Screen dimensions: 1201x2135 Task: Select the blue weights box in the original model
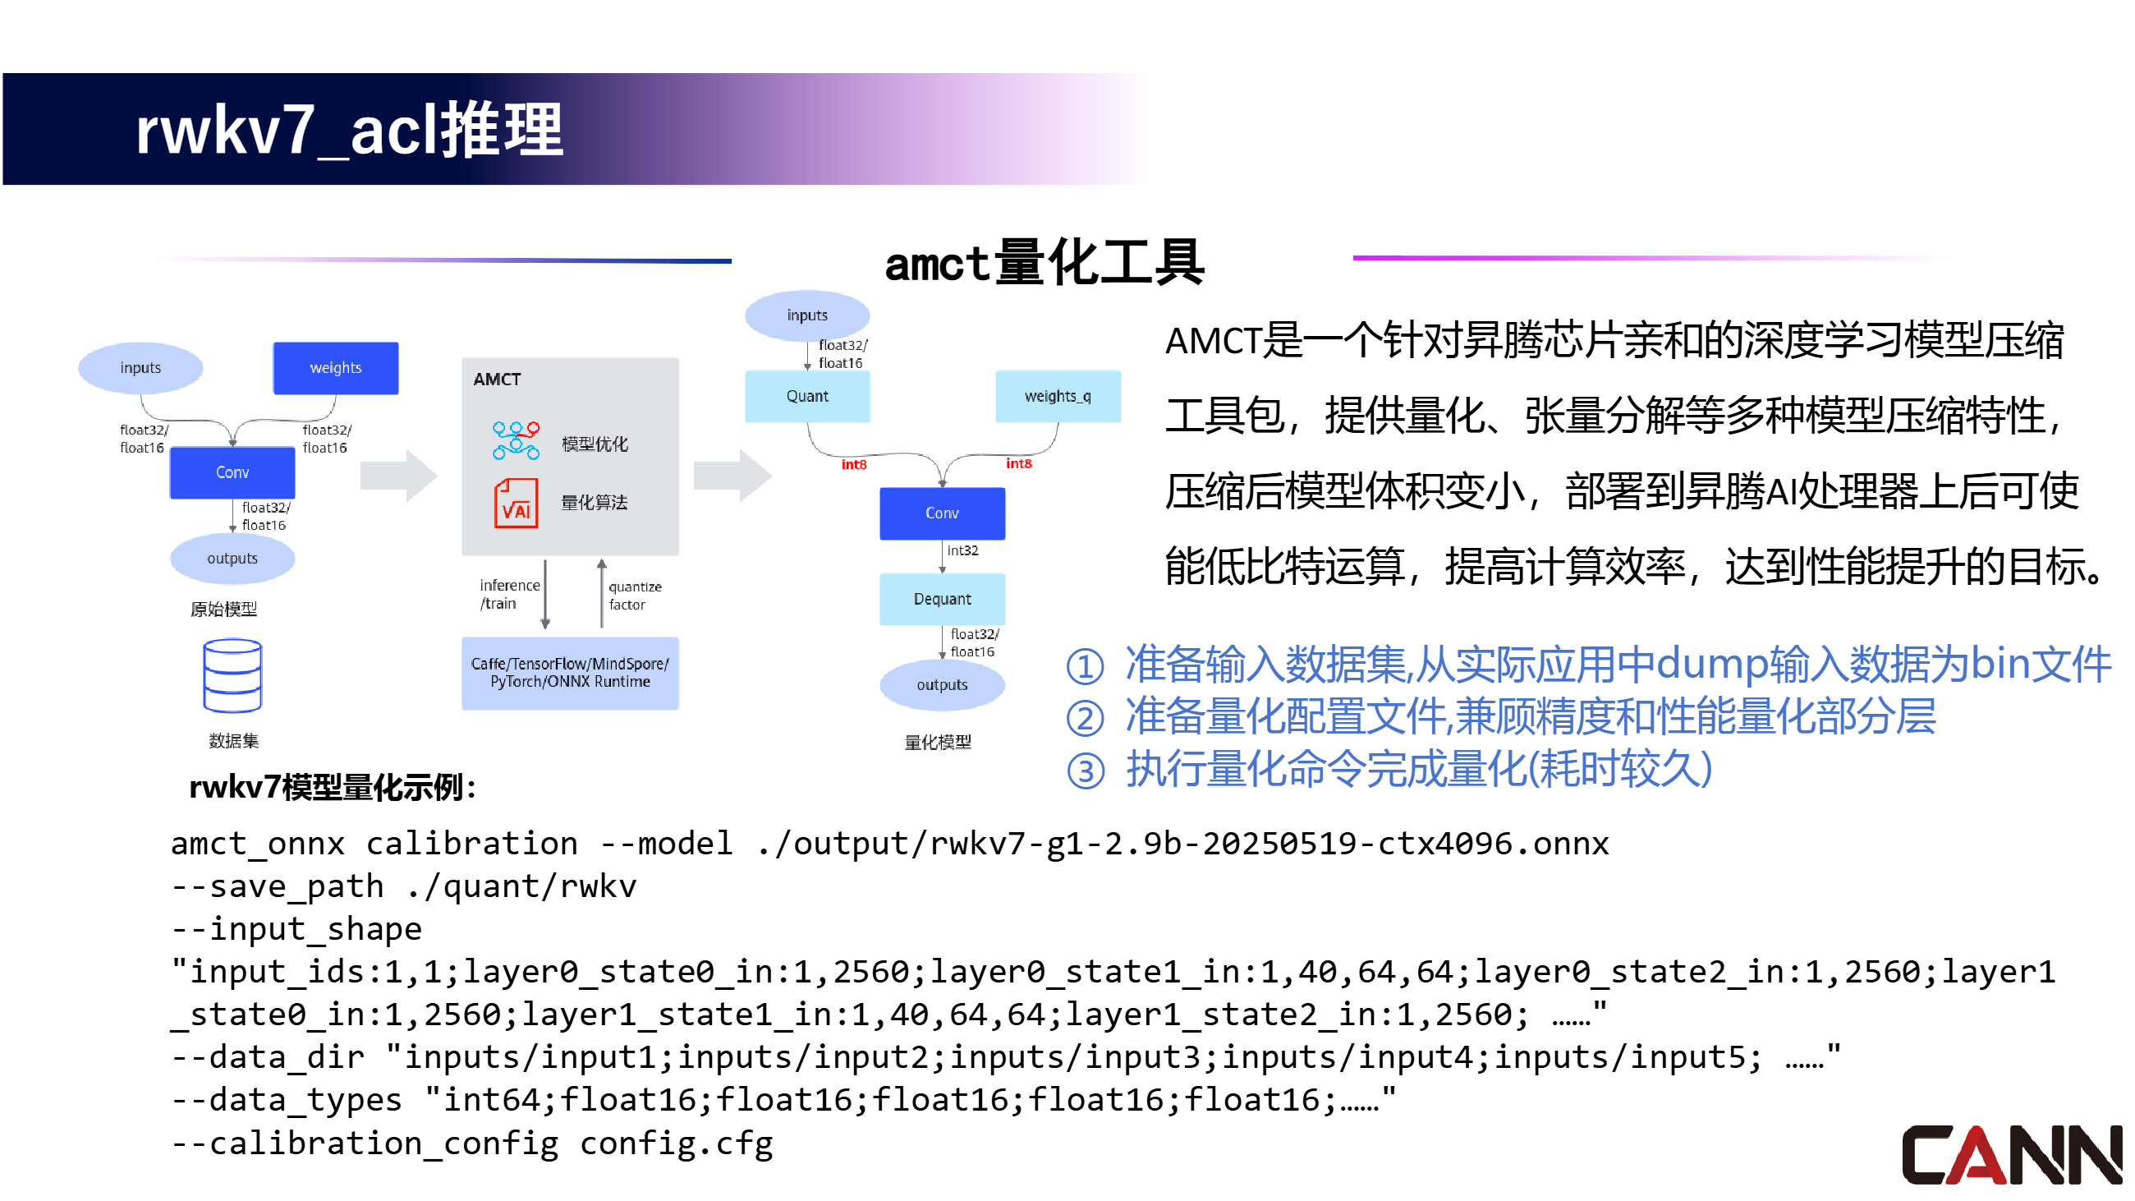point(336,368)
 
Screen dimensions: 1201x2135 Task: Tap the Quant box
point(806,396)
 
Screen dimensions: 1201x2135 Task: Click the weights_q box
point(1057,396)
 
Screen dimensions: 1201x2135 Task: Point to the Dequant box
point(942,598)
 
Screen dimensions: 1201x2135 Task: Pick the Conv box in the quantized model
point(942,513)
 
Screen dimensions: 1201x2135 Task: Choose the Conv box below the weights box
point(232,472)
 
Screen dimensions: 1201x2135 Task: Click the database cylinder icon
point(232,674)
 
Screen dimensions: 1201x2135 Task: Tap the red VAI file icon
point(516,503)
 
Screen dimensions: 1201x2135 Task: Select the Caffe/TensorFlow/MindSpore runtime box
point(569,673)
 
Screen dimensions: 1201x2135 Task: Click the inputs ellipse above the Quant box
point(806,315)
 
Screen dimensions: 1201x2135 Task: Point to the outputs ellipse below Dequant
point(942,684)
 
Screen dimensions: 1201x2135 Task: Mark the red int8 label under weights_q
point(1018,463)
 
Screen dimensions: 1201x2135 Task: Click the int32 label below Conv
point(962,550)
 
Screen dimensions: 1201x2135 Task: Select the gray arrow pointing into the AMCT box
point(398,475)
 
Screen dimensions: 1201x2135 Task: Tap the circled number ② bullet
point(1085,719)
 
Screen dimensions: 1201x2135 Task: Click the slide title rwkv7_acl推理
point(349,131)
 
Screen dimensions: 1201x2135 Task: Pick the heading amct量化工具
point(1044,264)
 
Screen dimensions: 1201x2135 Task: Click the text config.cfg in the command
point(676,1143)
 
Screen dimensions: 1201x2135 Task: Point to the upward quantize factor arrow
point(602,591)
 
